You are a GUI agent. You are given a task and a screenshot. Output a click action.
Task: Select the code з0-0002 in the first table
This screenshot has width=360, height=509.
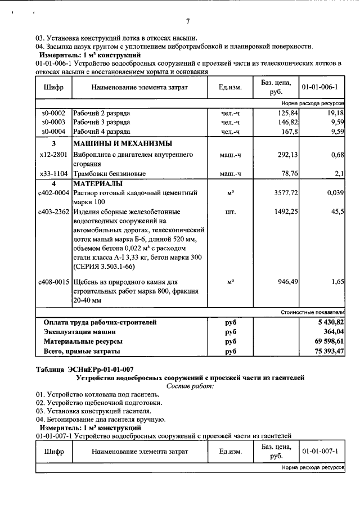53,113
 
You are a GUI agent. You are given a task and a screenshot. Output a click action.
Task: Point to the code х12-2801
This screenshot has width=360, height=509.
53,154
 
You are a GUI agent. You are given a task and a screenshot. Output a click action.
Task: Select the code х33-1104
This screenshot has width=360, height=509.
53,174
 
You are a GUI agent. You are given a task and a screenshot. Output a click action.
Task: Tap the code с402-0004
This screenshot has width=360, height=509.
53,193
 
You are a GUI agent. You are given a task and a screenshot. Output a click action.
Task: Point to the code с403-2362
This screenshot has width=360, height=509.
53,212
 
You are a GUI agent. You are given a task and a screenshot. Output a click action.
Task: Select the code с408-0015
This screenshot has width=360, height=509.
53,281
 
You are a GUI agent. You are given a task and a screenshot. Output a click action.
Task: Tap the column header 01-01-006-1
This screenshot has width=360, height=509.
319,88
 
